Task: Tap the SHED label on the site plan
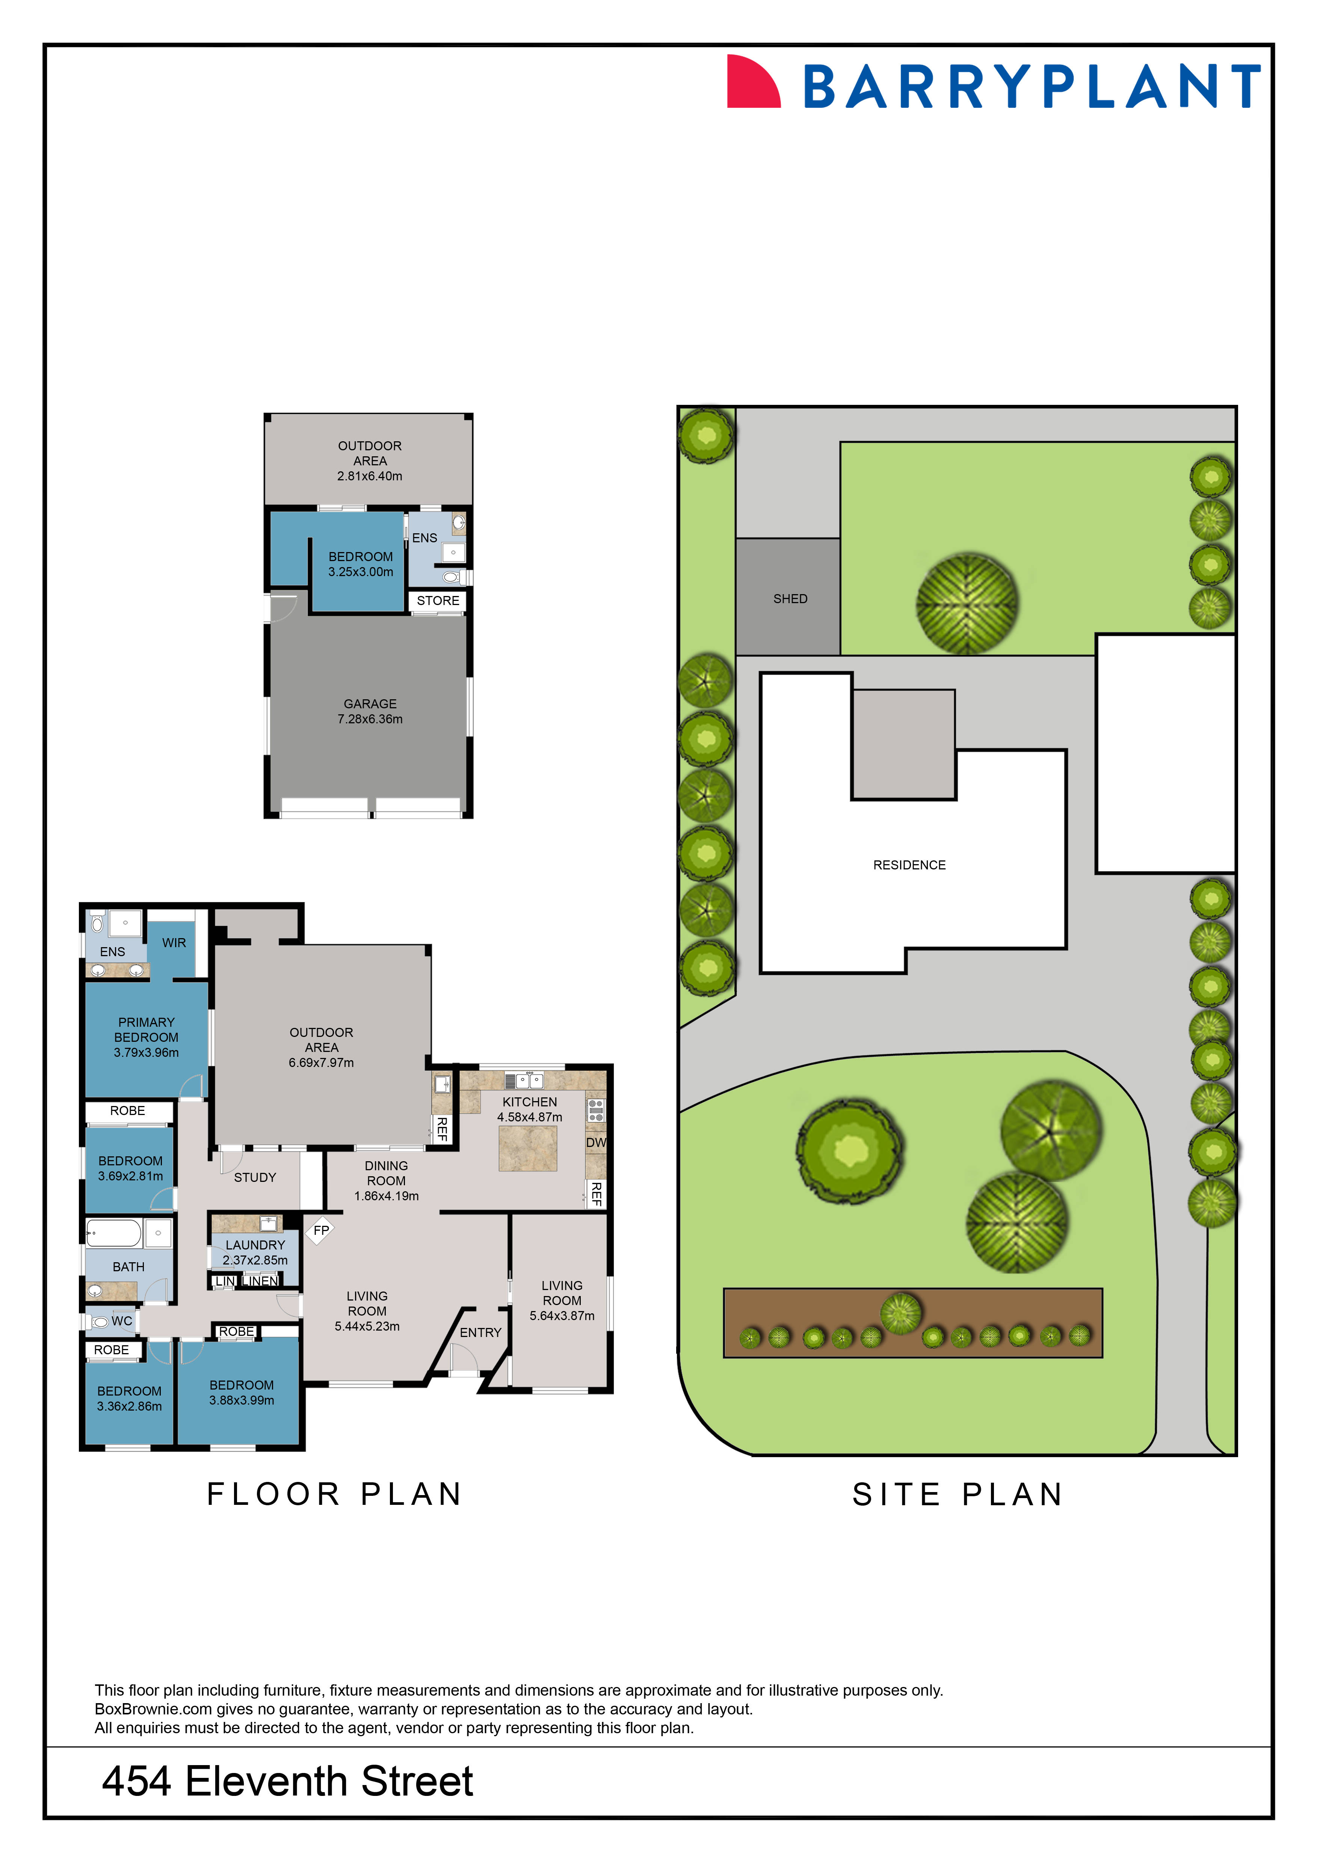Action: [790, 599]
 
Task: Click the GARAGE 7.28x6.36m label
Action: [370, 711]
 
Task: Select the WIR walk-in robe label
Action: [174, 942]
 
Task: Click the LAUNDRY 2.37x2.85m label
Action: [255, 1252]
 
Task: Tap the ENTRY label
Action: [480, 1332]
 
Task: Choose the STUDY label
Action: [255, 1177]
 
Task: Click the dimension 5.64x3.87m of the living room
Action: [562, 1316]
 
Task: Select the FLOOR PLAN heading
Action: [334, 1494]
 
